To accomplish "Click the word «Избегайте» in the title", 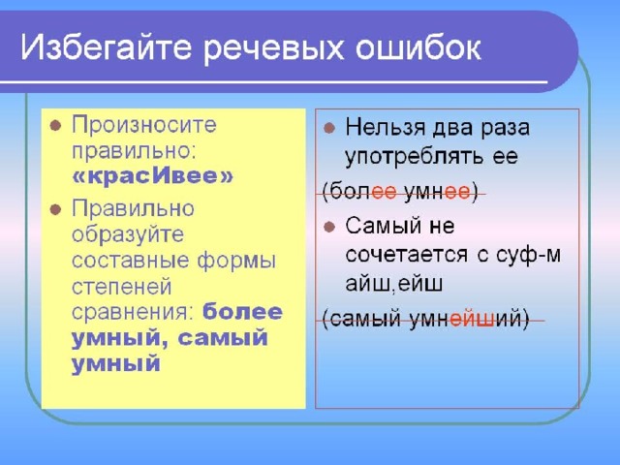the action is click(x=107, y=48).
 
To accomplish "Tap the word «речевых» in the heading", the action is click(x=273, y=49).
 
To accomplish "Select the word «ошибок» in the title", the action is click(x=418, y=47).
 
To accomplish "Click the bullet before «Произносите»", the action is click(x=55, y=126).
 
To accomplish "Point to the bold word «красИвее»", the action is click(x=153, y=176).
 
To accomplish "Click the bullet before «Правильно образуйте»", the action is click(x=55, y=209).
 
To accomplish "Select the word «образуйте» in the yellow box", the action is click(x=128, y=234).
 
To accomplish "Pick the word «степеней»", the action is click(x=122, y=287).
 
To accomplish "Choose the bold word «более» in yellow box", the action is click(x=242, y=311).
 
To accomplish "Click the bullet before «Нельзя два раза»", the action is click(x=329, y=128).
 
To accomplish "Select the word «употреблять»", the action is click(x=415, y=157).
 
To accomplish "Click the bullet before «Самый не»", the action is click(x=329, y=227).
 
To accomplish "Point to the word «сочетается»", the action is click(x=406, y=255).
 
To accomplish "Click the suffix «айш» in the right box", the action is click(x=368, y=284).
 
